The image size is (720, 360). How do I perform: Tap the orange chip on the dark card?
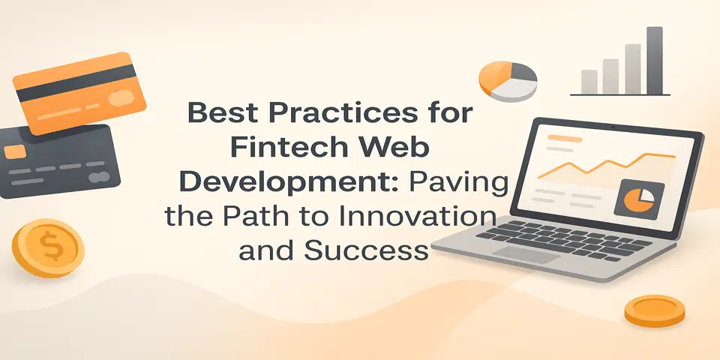[15, 152]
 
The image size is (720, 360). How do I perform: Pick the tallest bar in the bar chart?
[655, 61]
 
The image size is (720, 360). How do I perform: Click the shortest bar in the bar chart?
[589, 82]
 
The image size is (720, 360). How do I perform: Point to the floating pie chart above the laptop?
[508, 79]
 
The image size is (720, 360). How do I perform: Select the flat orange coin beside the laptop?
[655, 310]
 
